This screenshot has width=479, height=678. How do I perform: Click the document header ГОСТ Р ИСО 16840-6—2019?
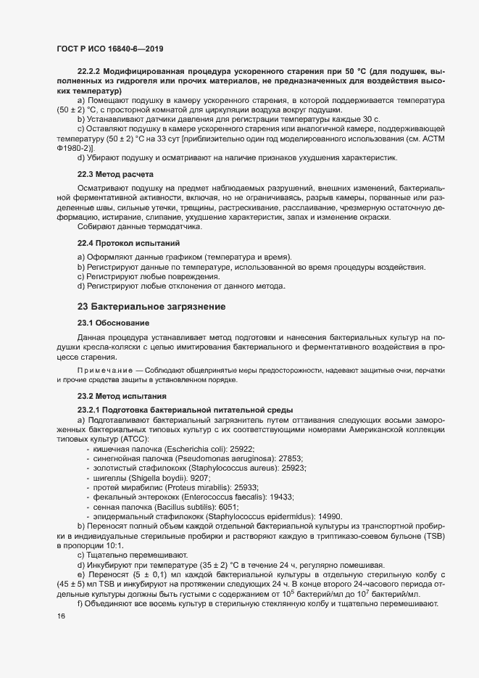click(x=109, y=49)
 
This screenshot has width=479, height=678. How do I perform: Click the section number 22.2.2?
click(x=89, y=74)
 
